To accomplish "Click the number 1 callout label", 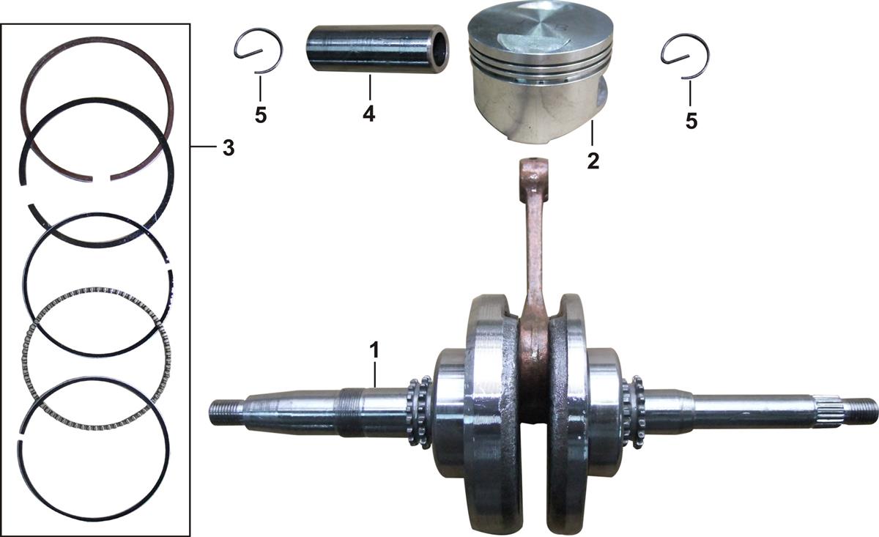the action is [375, 349].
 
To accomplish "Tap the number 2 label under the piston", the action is [593, 161].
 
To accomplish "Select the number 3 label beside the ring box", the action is [229, 148].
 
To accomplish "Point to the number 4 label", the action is [369, 114].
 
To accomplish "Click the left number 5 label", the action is [261, 115].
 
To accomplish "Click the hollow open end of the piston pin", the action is [440, 50].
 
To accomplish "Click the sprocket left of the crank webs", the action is [419, 412].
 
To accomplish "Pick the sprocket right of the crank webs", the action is [633, 412].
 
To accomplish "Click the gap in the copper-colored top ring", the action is [102, 179].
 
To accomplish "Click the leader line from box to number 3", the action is [203, 147].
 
